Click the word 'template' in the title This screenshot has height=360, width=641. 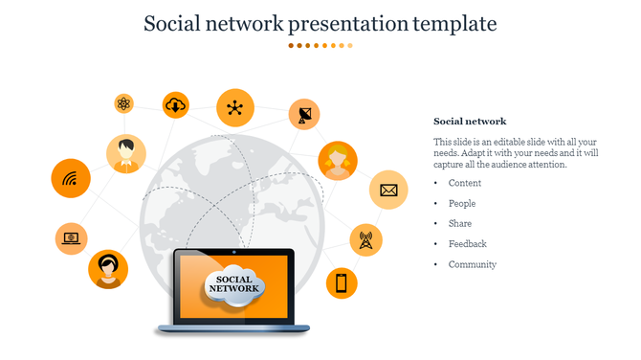tap(450, 22)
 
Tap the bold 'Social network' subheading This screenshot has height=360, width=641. tap(470, 122)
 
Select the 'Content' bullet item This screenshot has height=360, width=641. tap(465, 183)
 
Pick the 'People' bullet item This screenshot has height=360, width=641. tap(462, 203)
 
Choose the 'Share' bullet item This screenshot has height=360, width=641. tap(460, 223)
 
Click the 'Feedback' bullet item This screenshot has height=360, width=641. tap(468, 243)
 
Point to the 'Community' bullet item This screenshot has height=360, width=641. tap(473, 264)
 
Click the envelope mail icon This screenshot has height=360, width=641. tap(388, 190)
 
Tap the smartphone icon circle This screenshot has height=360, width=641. tap(342, 282)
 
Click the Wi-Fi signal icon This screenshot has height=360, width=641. tap(70, 179)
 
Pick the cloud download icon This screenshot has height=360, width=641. tap(176, 105)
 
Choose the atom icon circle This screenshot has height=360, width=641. tap(124, 103)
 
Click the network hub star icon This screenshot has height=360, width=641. tap(234, 107)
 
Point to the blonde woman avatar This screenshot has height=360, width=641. tap(338, 160)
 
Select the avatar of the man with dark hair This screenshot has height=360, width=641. tap(125, 154)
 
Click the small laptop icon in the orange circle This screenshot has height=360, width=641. tap(71, 236)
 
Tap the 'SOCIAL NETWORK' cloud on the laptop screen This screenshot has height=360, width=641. tap(232, 285)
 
